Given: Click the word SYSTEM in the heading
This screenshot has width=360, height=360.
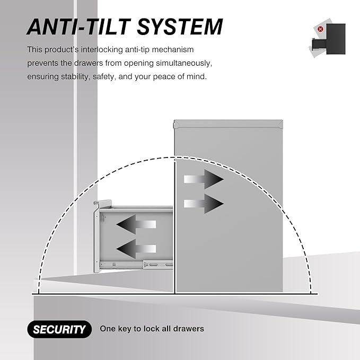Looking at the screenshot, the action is point(180,27).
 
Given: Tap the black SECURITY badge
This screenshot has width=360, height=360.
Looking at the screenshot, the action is point(59,329).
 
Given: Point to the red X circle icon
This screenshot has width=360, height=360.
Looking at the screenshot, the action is point(320,29).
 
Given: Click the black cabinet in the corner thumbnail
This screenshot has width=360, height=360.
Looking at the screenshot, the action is point(336,39).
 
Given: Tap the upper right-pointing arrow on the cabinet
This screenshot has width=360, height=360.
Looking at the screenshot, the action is point(204,179).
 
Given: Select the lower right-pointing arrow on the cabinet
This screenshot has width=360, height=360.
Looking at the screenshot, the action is point(204,204).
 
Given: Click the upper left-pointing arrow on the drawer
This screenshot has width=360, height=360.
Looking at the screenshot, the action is point(136,224).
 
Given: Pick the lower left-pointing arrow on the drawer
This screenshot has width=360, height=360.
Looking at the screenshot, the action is point(136,249).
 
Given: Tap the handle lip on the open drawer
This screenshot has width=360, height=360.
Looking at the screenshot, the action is point(103,203).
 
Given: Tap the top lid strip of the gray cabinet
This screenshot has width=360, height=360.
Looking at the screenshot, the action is point(229,124).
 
